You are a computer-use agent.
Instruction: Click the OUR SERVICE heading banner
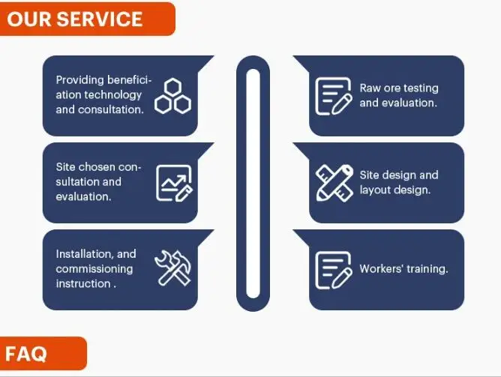coord(87,19)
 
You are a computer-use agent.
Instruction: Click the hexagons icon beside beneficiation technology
coord(172,95)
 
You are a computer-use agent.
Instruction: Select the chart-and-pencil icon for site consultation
coord(174,183)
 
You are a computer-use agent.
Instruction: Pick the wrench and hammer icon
coord(173,268)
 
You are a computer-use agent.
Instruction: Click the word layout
coord(374,190)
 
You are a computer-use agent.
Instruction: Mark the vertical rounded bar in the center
coord(253,183)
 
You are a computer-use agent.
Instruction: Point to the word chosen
coord(96,167)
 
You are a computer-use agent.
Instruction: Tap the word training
coord(427,269)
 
